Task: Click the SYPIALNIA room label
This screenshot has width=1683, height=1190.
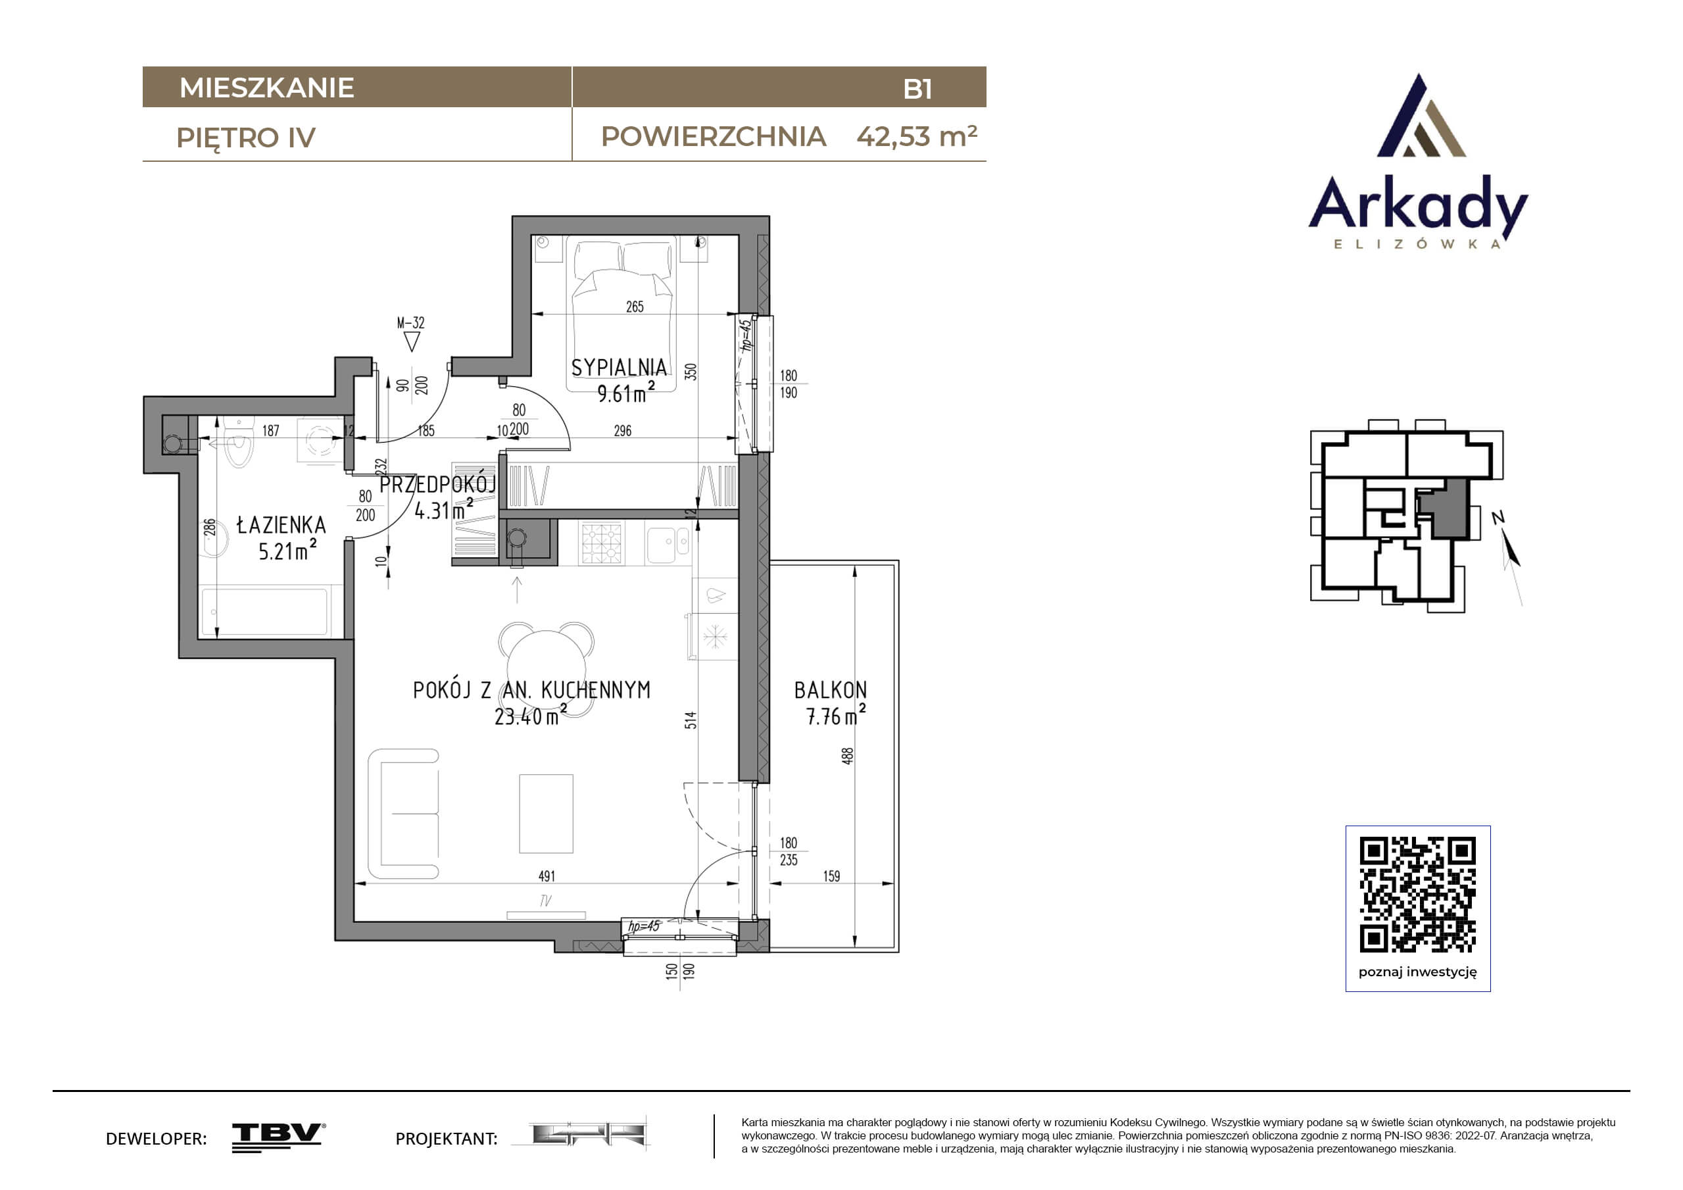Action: [x=620, y=367]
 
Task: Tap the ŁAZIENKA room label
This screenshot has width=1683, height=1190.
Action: [x=281, y=525]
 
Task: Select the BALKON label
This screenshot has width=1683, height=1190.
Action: [x=831, y=690]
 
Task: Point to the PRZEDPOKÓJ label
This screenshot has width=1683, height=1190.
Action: [x=437, y=484]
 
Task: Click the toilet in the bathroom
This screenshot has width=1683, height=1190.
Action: [x=238, y=441]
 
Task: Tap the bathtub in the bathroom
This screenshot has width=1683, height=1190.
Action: [x=264, y=610]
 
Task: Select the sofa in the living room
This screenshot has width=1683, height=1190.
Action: [x=403, y=814]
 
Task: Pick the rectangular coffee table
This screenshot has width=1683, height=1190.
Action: [x=546, y=814]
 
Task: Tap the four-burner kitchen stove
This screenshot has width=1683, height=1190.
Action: [x=602, y=543]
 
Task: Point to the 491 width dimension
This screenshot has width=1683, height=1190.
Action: [x=547, y=877]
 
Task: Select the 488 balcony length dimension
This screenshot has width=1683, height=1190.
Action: [x=847, y=756]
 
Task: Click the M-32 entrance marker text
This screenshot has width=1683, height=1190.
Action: [x=410, y=322]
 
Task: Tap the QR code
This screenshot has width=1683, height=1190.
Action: [x=1418, y=895]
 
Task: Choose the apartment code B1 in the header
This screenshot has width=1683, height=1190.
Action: [x=917, y=89]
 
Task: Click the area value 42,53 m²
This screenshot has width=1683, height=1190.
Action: [x=917, y=136]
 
